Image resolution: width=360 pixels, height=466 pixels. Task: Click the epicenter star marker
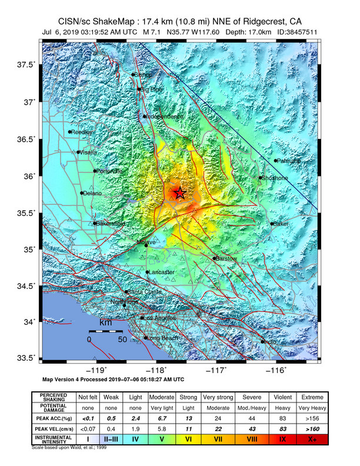coord(179,192)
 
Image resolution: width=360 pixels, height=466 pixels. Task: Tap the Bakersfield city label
coord(111,224)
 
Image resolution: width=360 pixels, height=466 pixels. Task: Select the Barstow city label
coord(226,259)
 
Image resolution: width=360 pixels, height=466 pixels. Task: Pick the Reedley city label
coord(82,132)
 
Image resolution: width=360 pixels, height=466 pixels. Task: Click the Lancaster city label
coord(162,272)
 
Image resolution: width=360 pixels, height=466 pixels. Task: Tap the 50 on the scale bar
coord(122,339)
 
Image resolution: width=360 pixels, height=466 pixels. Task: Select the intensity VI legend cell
coord(189,438)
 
